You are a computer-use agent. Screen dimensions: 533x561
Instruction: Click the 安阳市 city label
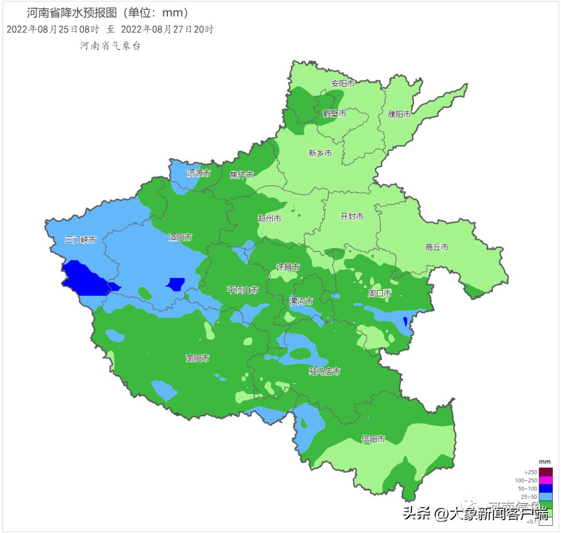coord(343,84)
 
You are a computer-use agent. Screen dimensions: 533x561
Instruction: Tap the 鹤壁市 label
coord(335,113)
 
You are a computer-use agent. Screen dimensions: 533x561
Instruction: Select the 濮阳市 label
coord(399,114)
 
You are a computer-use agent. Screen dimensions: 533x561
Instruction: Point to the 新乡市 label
coord(320,153)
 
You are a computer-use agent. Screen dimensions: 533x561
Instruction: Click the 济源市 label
coord(199,173)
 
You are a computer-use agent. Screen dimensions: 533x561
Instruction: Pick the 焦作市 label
coord(242,175)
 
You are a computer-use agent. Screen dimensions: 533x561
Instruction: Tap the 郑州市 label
coord(270,219)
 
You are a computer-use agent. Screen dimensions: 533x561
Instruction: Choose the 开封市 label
coord(352,216)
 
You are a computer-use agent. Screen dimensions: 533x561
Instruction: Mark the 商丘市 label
coord(437,248)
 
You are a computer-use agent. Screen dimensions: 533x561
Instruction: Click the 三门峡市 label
coord(81,240)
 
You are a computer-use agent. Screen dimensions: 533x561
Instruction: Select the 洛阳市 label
coord(180,237)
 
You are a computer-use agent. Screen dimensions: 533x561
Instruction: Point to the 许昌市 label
coord(288,267)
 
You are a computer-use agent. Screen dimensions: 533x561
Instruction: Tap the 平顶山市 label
coord(243,290)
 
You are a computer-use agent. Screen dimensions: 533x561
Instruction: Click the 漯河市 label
coord(301,302)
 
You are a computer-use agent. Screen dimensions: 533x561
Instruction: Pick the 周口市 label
coord(380,294)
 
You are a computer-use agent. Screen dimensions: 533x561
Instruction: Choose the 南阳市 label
coord(198,358)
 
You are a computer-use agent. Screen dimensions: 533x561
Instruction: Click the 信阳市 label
coord(373,439)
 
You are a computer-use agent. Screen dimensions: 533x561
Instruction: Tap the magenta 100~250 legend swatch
coord(545,481)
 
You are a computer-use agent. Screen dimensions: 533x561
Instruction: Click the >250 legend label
coord(531,472)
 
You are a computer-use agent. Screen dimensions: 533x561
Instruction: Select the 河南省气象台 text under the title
coord(110,46)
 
